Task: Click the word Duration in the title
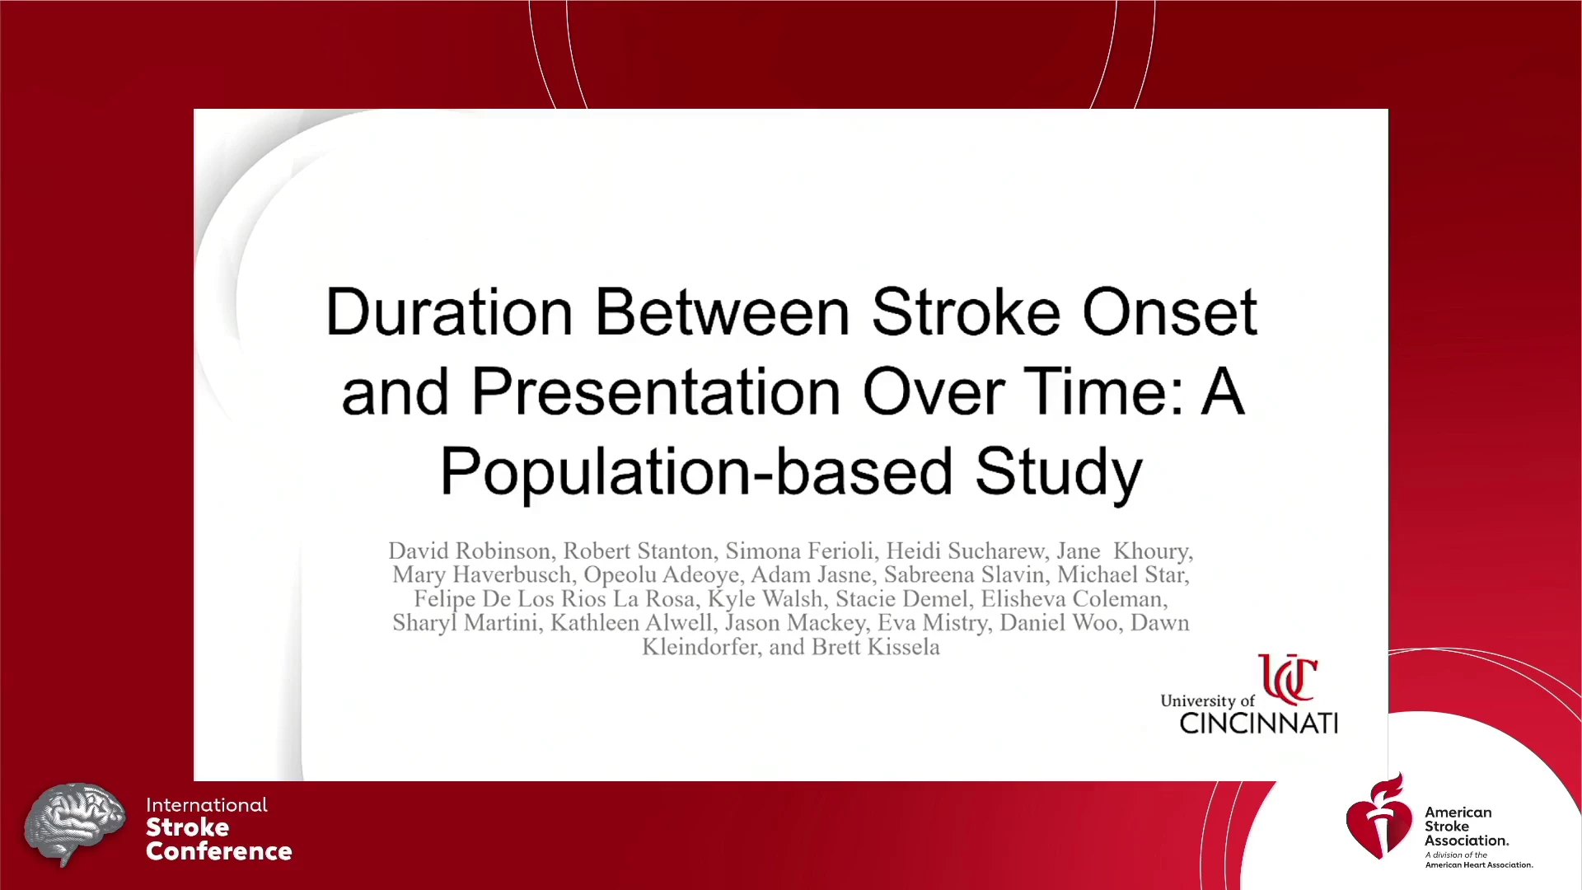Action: pyautogui.click(x=449, y=312)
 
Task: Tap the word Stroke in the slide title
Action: pyautogui.click(x=966, y=312)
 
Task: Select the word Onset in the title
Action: pyautogui.click(x=1169, y=312)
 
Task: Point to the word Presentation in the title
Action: pyautogui.click(x=656, y=391)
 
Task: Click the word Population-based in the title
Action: pyautogui.click(x=696, y=471)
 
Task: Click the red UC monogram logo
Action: pyautogui.click(x=1287, y=679)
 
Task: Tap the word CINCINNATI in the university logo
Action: pyautogui.click(x=1258, y=724)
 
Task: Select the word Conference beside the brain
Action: pyautogui.click(x=219, y=851)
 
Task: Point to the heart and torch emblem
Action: pyautogui.click(x=1379, y=817)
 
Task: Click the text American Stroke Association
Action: pyautogui.click(x=1467, y=827)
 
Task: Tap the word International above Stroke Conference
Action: pyautogui.click(x=207, y=805)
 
